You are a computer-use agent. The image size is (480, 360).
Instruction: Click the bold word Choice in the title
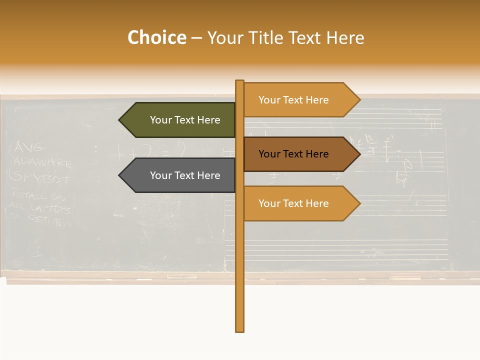(156, 38)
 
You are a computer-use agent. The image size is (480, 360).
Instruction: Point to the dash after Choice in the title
(196, 38)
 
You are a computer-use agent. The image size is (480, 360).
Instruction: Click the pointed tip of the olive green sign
(120, 120)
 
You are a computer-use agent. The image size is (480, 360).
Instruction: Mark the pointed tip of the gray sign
(120, 175)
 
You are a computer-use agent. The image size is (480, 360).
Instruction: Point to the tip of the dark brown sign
(358, 154)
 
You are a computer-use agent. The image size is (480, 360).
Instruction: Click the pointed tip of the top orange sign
(358, 100)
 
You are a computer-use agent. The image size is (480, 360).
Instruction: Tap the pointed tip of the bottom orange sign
(358, 203)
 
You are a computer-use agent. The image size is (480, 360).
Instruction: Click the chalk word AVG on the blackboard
(30, 147)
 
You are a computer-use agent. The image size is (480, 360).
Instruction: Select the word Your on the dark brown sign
(269, 154)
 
